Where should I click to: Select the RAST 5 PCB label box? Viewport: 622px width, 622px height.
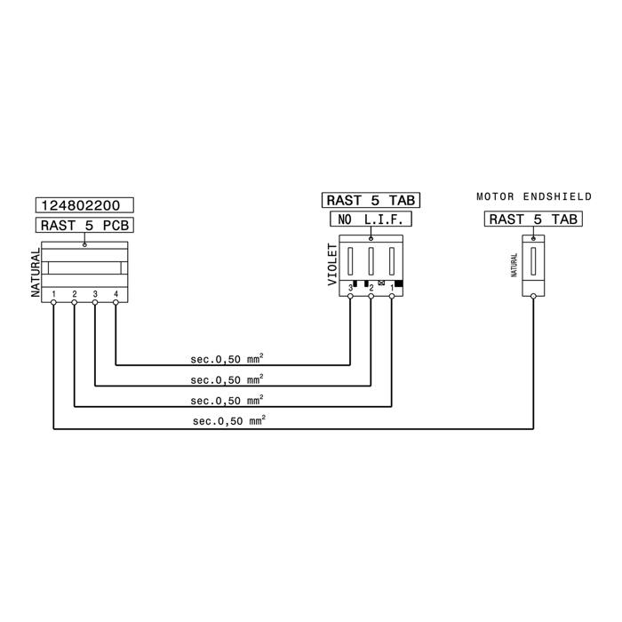(84, 225)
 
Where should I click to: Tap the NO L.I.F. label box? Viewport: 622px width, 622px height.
(371, 219)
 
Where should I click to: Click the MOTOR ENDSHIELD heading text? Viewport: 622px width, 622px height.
(534, 196)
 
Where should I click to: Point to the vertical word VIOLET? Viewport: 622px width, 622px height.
(332, 264)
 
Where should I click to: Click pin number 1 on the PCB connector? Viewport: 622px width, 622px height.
(53, 294)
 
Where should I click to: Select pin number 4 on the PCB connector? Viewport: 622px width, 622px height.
(116, 294)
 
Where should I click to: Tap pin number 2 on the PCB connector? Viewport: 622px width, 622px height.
(74, 294)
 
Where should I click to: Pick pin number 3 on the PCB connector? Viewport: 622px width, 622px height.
(95, 294)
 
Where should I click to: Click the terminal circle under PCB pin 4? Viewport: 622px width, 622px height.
(116, 302)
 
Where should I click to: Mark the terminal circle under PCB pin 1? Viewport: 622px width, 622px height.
(53, 302)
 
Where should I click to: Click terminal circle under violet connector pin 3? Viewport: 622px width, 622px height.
(350, 296)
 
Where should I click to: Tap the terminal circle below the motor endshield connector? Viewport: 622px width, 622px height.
(533, 296)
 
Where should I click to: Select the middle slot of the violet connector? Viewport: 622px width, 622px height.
(371, 261)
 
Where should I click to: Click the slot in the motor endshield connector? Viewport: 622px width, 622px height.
(533, 261)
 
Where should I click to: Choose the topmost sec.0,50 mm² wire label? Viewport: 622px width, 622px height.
(227, 359)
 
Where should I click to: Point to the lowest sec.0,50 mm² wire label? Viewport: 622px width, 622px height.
(229, 420)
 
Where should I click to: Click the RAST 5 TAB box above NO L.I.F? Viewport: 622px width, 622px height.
(371, 200)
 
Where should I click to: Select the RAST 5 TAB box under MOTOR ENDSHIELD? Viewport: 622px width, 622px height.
(533, 219)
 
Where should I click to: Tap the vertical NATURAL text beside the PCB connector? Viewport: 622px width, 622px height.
(36, 272)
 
